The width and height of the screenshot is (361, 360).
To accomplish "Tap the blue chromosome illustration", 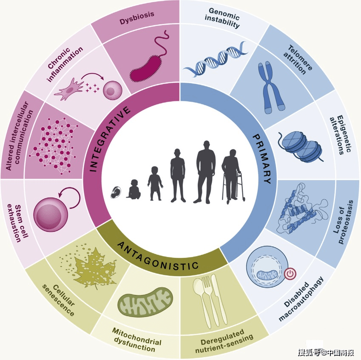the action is (270, 87).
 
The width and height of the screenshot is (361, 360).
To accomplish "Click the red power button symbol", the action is (290, 274).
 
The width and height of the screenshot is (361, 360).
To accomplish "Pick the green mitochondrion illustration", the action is (145, 303).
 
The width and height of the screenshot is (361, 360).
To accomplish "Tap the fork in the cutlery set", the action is (208, 300).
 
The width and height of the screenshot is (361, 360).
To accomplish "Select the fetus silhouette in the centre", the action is (116, 193).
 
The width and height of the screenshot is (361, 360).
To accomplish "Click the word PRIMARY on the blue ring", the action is (262, 159).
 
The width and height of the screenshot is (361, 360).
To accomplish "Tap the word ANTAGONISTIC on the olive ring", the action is (158, 256).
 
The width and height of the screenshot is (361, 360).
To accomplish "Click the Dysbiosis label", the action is (137, 17).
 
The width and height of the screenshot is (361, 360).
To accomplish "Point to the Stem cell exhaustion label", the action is (18, 223).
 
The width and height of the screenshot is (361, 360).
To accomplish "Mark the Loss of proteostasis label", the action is (343, 222).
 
